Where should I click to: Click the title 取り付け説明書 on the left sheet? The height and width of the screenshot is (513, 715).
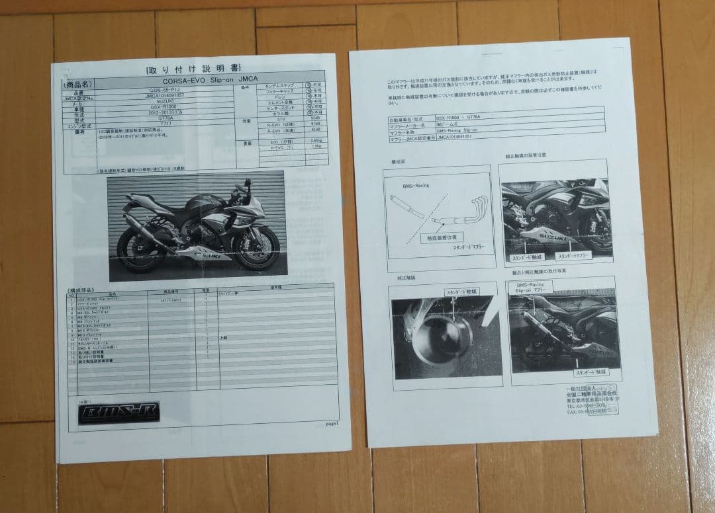point(193,69)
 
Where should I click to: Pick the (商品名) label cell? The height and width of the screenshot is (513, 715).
point(78,85)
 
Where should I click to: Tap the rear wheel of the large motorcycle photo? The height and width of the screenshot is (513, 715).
point(138,250)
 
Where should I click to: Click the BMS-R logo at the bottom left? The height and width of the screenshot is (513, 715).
point(117,413)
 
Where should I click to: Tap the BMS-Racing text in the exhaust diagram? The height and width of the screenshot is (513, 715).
point(416,186)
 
